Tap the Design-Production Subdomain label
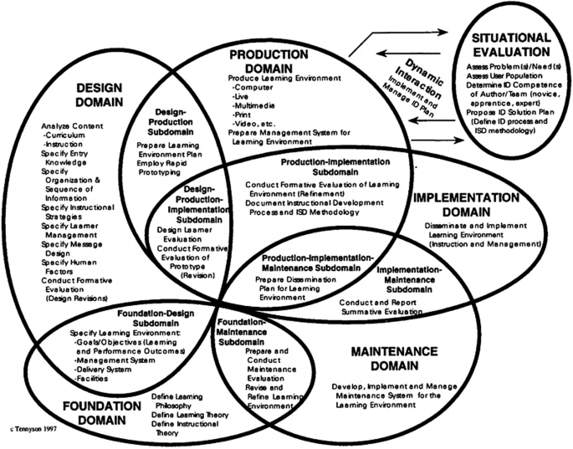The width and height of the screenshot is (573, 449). [176, 124]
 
